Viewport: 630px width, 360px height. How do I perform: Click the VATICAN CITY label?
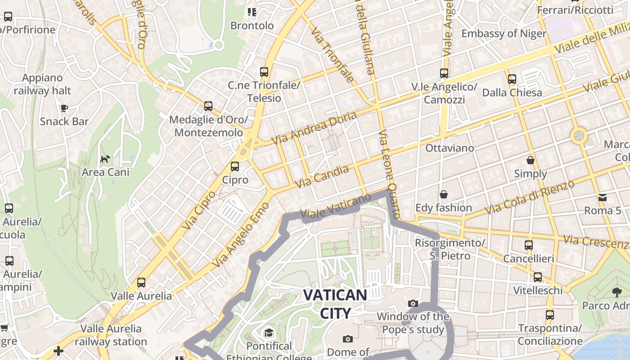point(335,304)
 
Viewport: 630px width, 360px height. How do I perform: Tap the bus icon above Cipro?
point(234,166)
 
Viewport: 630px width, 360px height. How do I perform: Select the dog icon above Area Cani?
point(105,159)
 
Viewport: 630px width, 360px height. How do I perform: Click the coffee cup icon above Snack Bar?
point(64,108)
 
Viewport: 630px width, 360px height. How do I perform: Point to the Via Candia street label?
point(322,177)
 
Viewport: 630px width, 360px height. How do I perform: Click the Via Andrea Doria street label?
point(317,127)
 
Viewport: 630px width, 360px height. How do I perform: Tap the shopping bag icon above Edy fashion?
point(444,194)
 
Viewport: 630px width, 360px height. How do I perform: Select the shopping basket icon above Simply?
point(531,160)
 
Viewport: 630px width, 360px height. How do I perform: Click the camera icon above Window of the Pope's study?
point(413,303)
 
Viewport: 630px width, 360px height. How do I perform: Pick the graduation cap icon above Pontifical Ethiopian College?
point(269,333)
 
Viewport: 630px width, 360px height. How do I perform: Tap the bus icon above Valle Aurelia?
point(141,283)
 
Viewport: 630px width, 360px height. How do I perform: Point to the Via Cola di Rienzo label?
point(530,197)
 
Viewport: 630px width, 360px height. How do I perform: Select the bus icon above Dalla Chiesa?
point(512,79)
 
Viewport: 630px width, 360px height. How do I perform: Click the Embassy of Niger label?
point(504,33)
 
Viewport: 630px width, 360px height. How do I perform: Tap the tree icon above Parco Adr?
point(616,292)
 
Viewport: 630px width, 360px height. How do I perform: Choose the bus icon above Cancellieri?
point(528,245)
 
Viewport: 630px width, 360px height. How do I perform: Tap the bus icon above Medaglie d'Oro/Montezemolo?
point(208,106)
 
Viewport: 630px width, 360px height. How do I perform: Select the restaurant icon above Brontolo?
point(252,12)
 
